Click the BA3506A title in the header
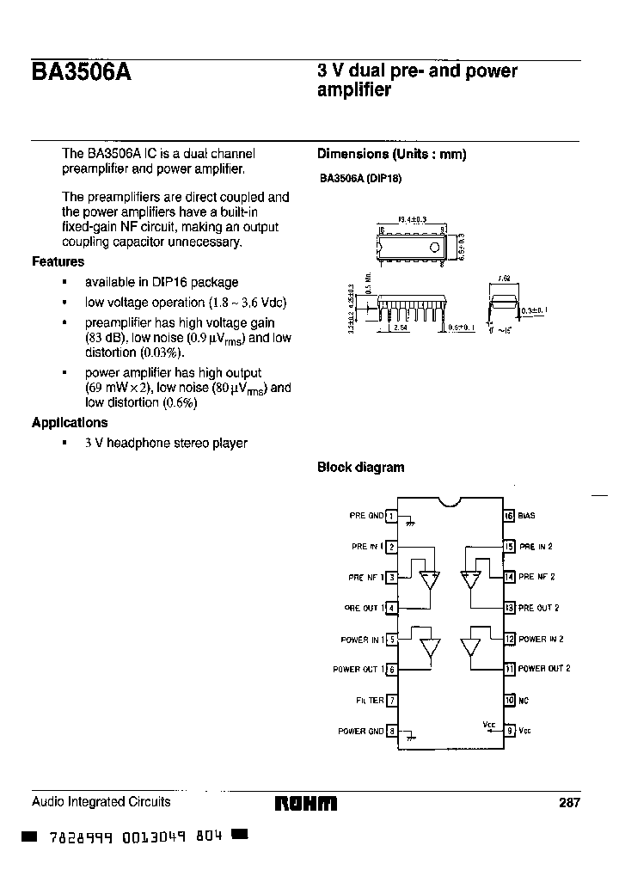82,74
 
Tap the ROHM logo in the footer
306,804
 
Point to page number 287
570,803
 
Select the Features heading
58,261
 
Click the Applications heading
70,422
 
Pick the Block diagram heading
360,468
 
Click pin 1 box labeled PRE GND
391,516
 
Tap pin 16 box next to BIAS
509,516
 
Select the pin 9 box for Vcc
509,731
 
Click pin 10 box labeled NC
509,700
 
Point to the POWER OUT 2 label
544,669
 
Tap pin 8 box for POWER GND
391,731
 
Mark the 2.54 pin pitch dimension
400,328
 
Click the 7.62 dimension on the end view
504,279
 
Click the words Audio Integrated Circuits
101,802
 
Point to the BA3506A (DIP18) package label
360,179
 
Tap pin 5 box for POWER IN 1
391,639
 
